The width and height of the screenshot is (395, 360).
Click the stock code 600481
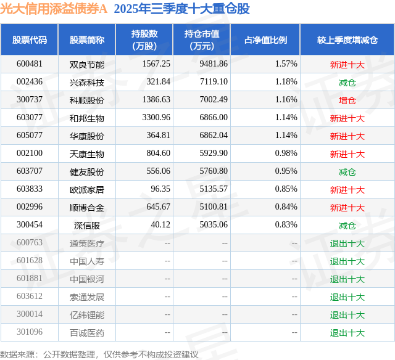point(30,64)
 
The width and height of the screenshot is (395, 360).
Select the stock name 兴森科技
point(87,82)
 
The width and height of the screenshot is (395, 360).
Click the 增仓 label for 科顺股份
point(347,100)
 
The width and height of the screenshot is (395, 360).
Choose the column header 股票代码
point(30,40)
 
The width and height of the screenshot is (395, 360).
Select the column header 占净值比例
point(265,40)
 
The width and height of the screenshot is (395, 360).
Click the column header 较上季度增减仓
point(347,40)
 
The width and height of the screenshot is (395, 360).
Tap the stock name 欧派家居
point(87,190)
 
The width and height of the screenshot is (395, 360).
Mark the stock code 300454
point(30,226)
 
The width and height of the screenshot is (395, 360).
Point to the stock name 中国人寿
point(87,261)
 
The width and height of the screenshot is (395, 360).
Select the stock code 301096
point(30,333)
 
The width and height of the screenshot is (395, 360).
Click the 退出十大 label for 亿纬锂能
point(347,315)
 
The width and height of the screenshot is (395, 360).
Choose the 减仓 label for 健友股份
point(347,172)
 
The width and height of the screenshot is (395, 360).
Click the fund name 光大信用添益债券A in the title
point(54,9)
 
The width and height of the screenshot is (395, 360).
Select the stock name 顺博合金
point(87,208)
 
